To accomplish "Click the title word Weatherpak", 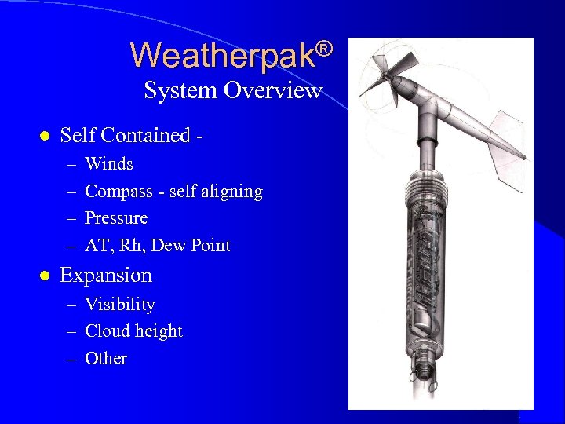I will point(223,56).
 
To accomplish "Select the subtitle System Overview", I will point(233,90).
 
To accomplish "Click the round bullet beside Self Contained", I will point(44,136).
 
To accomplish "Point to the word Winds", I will point(109,164).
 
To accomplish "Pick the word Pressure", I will point(116,218).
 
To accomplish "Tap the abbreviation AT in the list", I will point(97,246).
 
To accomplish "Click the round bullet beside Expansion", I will point(44,276).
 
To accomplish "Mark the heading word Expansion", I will point(106,276).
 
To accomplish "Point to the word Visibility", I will point(120,305).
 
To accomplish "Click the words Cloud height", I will point(133,331).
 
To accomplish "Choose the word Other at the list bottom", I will point(106,359).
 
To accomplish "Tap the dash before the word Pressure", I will point(71,219).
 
